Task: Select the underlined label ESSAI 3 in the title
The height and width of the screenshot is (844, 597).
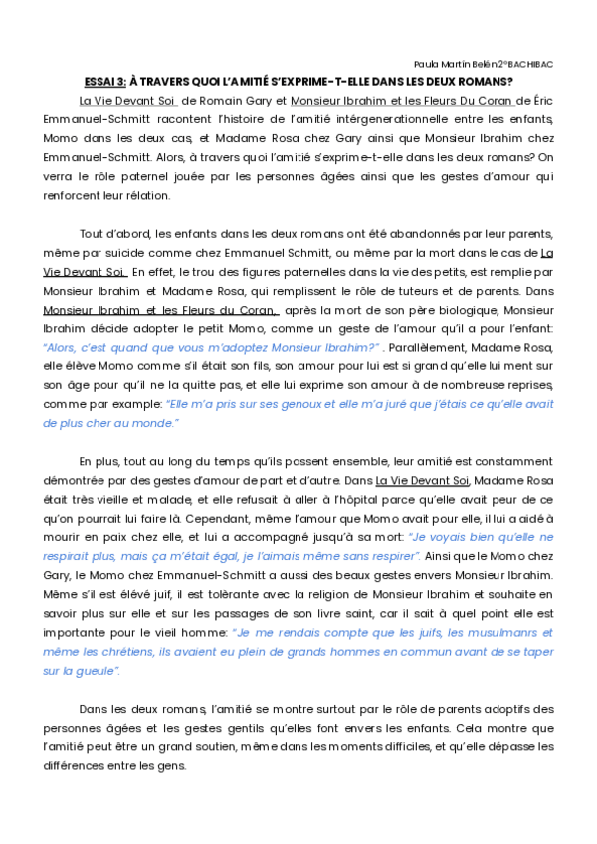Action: coord(104,82)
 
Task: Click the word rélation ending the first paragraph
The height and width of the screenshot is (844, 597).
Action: coord(146,195)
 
